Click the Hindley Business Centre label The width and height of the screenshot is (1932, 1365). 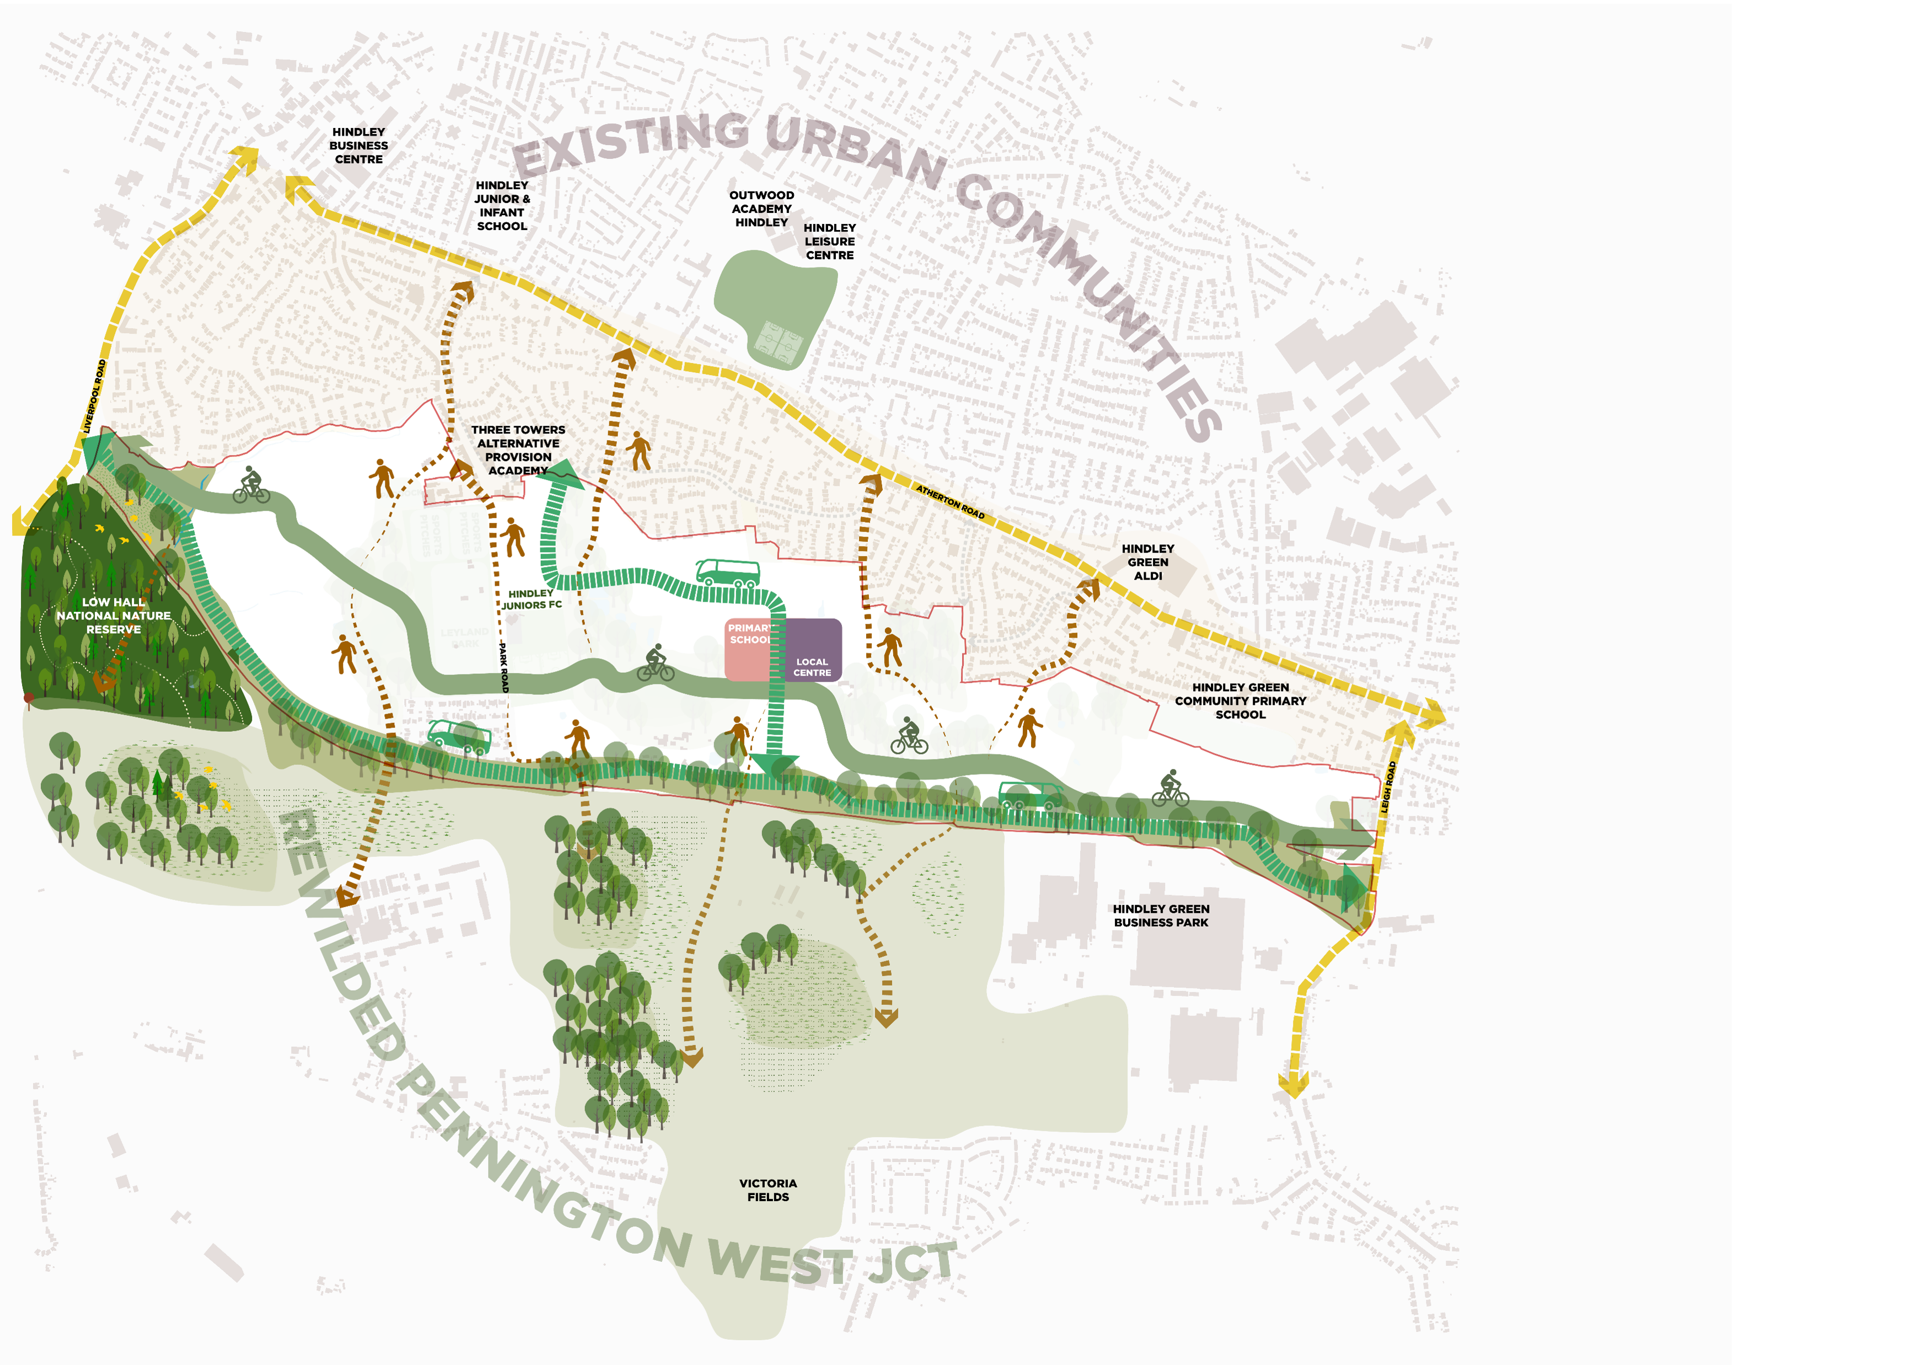pos(358,146)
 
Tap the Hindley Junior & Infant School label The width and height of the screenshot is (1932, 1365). pos(502,205)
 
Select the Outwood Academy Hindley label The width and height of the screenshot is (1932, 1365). pos(761,208)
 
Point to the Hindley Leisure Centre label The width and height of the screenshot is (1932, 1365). pos(830,242)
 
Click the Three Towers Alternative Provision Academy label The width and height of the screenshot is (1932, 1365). pos(518,450)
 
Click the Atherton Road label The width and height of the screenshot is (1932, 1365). pos(950,501)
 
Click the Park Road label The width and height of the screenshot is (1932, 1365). pos(503,667)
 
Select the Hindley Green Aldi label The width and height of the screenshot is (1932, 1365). pos(1148,562)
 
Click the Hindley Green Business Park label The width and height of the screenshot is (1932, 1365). pos(1161,916)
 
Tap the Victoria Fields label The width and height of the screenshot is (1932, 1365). pos(768,1190)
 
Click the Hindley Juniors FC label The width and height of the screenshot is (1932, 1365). pos(532,599)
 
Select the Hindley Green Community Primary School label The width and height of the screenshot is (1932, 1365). pos(1241,701)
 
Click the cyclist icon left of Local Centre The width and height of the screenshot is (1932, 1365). pos(656,664)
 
